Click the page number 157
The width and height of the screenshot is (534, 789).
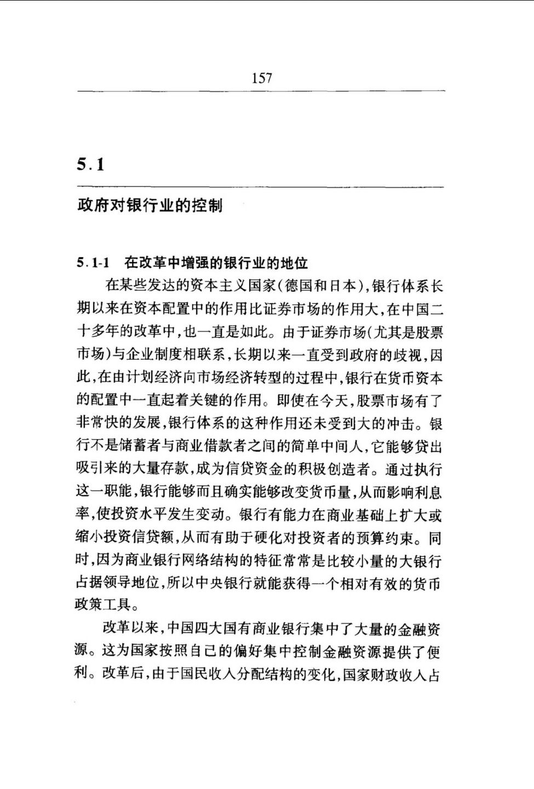[262, 78]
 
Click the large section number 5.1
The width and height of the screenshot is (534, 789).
[90, 164]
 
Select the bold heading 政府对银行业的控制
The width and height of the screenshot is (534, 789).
[150, 206]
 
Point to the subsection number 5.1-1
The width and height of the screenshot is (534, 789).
[93, 263]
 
